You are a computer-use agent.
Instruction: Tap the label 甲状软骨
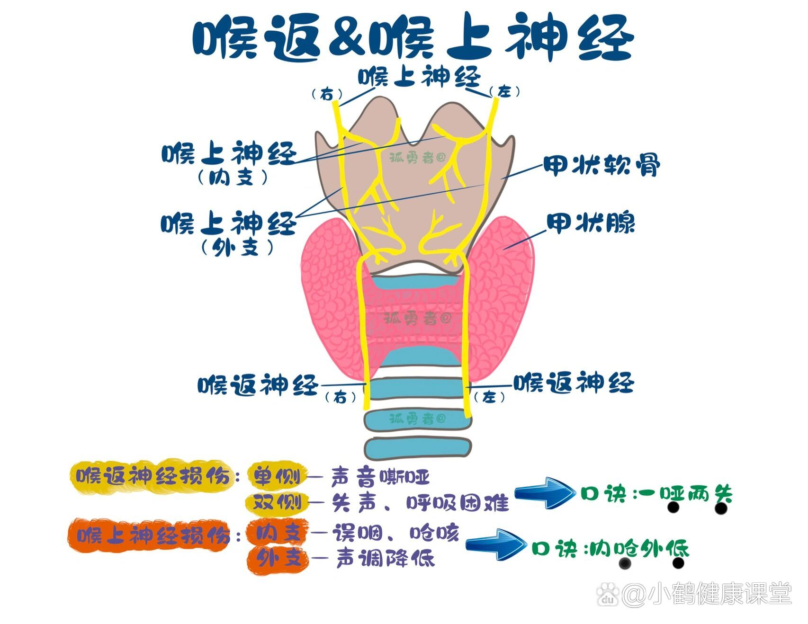click(601, 165)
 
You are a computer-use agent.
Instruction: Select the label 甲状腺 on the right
click(591, 223)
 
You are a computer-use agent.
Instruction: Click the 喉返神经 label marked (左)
click(574, 383)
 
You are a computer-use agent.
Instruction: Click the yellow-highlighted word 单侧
click(277, 476)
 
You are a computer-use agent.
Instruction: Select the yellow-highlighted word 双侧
click(277, 502)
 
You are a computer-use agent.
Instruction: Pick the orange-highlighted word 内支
click(278, 533)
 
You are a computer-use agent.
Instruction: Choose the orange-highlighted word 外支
click(278, 559)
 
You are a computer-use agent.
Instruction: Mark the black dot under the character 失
click(721, 508)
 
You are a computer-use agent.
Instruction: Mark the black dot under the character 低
click(678, 563)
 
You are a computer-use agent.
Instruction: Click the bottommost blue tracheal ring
click(418, 447)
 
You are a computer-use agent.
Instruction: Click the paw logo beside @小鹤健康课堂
click(608, 594)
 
